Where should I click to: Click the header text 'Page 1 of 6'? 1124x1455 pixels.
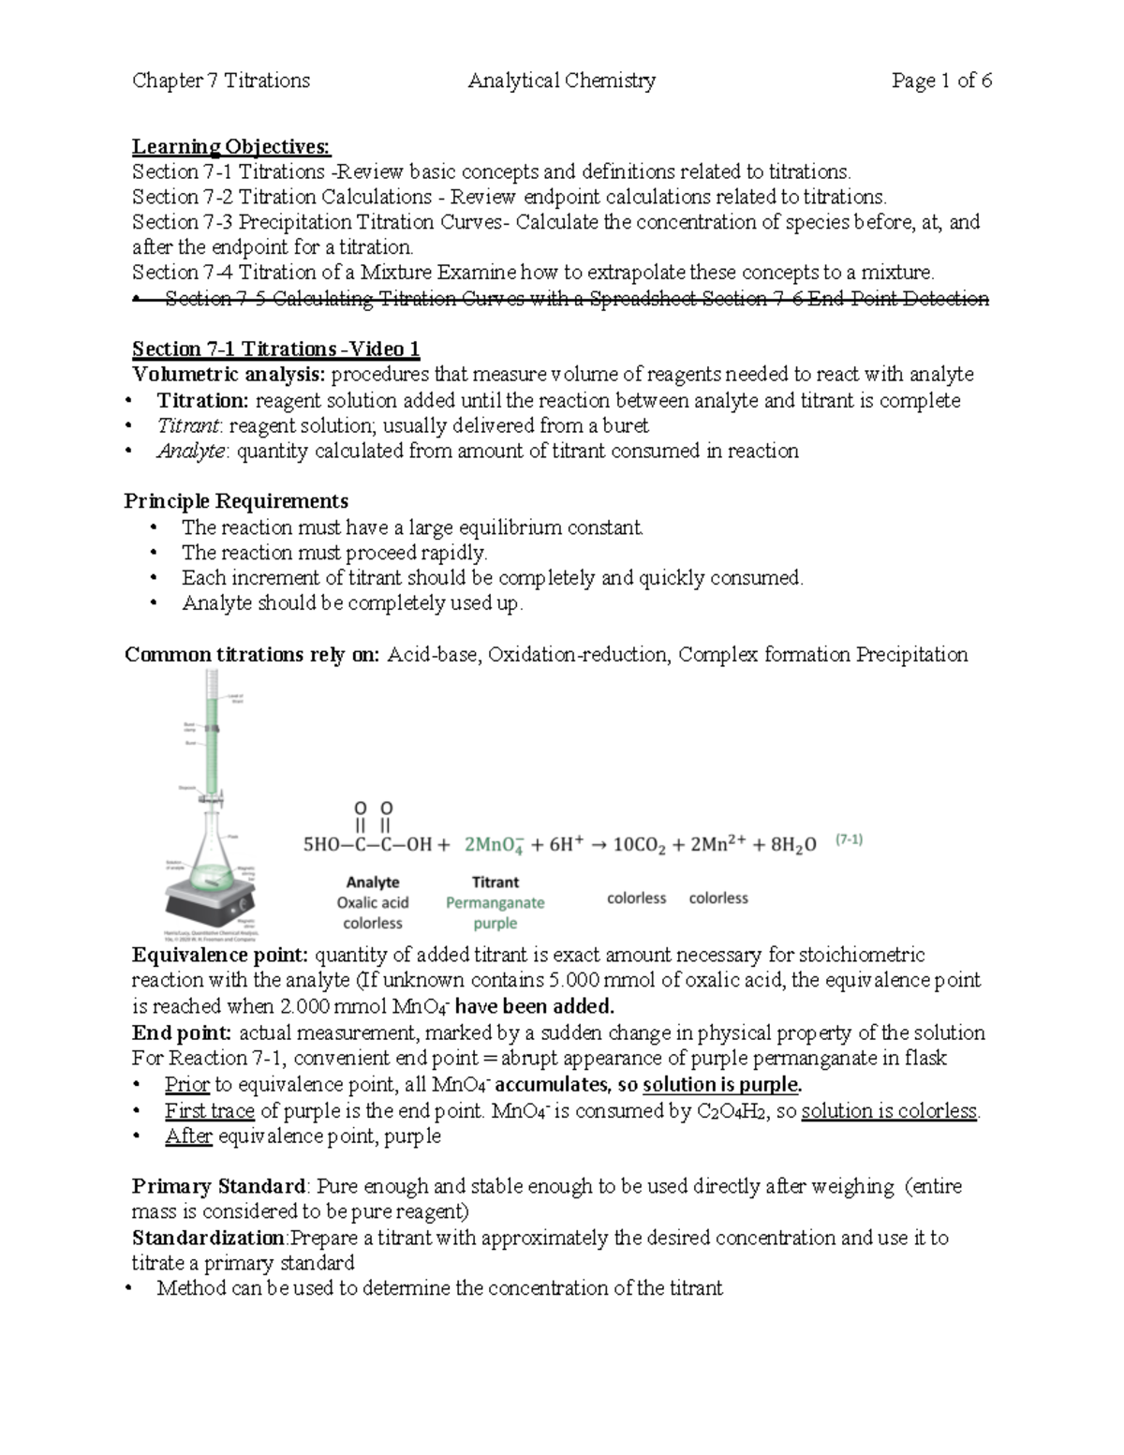point(941,81)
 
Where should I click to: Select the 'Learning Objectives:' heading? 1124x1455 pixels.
point(230,146)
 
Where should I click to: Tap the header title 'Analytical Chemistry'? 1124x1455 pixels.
point(561,81)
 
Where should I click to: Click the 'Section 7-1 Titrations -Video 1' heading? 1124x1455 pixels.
point(275,349)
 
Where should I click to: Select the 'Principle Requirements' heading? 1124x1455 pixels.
point(236,501)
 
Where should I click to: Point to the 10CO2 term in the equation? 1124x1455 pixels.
point(639,844)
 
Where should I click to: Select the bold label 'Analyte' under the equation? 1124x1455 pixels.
point(372,882)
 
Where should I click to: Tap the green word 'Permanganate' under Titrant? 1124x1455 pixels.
point(495,902)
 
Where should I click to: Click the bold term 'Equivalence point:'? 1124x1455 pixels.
point(220,955)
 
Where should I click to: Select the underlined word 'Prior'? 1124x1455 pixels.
point(186,1085)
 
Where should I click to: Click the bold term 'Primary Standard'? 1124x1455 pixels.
point(218,1186)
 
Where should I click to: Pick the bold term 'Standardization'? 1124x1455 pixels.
point(208,1238)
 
